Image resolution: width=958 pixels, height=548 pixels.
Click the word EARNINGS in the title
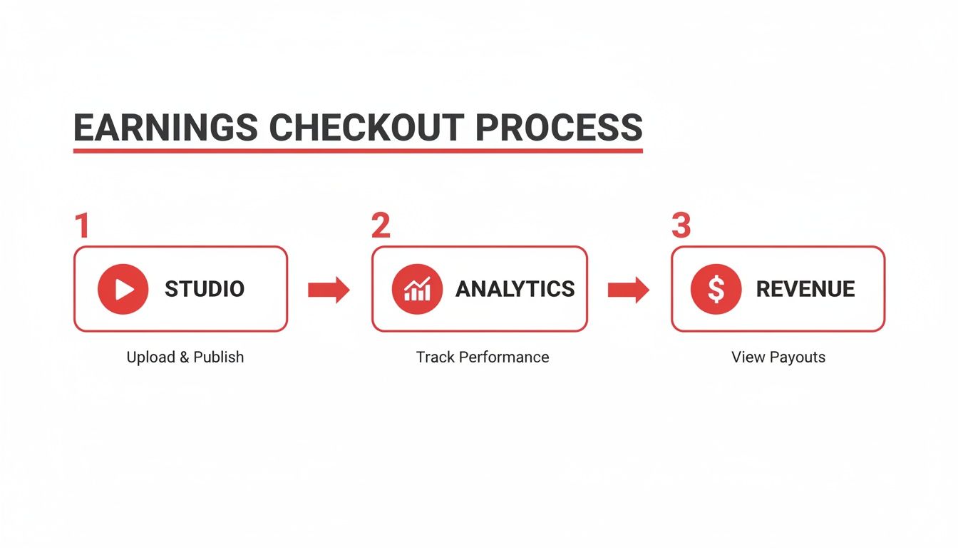click(165, 128)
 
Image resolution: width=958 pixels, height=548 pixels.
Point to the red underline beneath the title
click(358, 151)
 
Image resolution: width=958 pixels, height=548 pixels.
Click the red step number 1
click(83, 225)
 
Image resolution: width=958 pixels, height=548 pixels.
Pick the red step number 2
click(381, 225)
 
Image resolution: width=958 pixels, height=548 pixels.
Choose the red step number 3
click(681, 225)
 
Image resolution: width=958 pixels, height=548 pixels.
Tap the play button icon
click(123, 289)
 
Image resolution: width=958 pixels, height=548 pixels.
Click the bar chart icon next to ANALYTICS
click(417, 289)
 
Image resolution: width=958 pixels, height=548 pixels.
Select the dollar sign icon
click(716, 289)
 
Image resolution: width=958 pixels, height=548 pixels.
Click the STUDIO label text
click(205, 289)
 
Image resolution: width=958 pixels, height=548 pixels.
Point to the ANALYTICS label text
click(515, 289)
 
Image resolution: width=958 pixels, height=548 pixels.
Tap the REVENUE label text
click(805, 289)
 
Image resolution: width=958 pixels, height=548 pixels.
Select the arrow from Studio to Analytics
click(329, 290)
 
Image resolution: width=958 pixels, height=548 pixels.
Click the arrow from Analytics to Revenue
click(628, 290)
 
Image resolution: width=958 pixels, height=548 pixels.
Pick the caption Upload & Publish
click(185, 357)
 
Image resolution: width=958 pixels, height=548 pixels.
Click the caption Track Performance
click(483, 357)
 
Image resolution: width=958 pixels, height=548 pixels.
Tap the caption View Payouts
click(778, 357)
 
